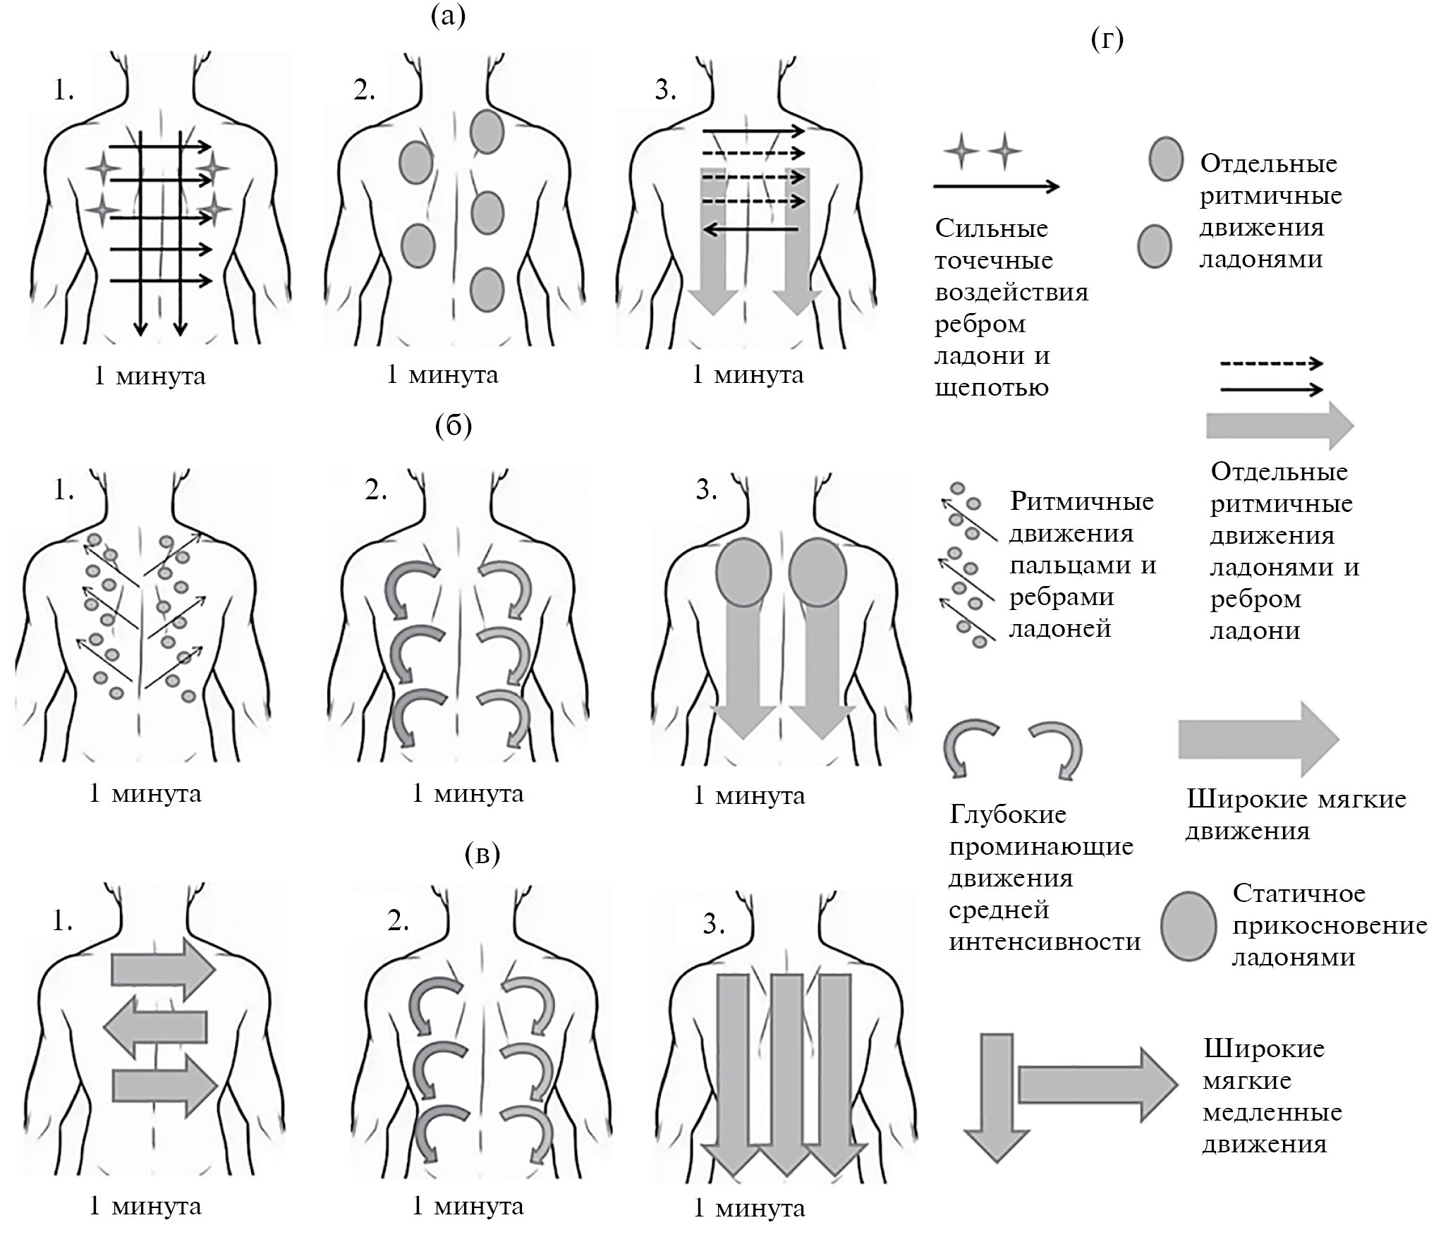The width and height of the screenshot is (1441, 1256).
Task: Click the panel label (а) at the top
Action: click(448, 16)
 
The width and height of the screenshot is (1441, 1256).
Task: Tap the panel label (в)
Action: click(482, 854)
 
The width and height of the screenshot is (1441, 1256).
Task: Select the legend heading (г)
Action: click(1107, 39)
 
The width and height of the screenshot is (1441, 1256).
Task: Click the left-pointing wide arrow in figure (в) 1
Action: click(156, 1027)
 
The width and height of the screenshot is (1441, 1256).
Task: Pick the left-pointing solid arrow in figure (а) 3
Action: click(751, 229)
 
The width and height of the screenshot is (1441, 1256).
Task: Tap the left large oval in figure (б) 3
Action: click(744, 573)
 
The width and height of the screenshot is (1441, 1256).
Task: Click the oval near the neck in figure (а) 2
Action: click(487, 132)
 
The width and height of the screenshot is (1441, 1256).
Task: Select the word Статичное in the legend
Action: click(1299, 894)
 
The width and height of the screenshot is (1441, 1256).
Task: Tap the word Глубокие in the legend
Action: click(1008, 815)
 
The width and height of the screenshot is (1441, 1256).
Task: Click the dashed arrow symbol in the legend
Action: click(1271, 364)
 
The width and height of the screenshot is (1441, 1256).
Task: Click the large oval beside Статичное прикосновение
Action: click(1188, 926)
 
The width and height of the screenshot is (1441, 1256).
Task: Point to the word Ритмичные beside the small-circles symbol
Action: click(1082, 501)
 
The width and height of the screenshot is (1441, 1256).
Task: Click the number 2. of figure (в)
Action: click(399, 921)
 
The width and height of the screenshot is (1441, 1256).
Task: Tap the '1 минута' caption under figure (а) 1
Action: click(150, 376)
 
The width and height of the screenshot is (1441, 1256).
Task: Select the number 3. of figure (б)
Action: click(706, 489)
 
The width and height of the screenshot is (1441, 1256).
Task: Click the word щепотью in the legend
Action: click(991, 387)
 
